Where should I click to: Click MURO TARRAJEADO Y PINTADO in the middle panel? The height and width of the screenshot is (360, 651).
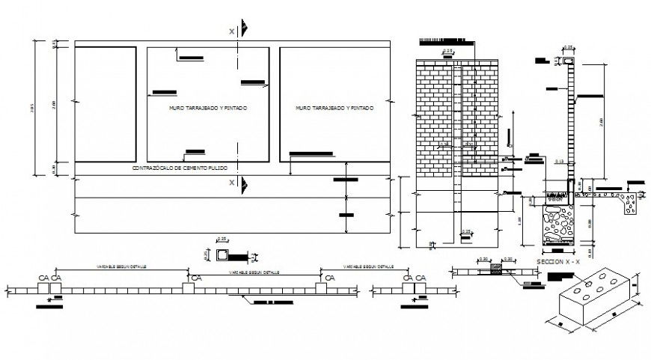click(208, 109)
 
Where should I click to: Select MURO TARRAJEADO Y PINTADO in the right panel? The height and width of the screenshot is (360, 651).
click(334, 109)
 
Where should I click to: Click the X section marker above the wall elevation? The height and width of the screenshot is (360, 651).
click(232, 31)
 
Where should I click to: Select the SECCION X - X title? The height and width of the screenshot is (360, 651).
click(557, 263)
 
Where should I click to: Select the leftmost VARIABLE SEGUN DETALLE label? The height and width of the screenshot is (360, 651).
click(120, 266)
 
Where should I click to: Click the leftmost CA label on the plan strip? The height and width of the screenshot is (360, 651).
click(43, 278)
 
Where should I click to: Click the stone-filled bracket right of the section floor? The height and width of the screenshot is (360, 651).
click(631, 203)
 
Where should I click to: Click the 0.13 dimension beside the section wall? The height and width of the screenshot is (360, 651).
click(559, 161)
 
